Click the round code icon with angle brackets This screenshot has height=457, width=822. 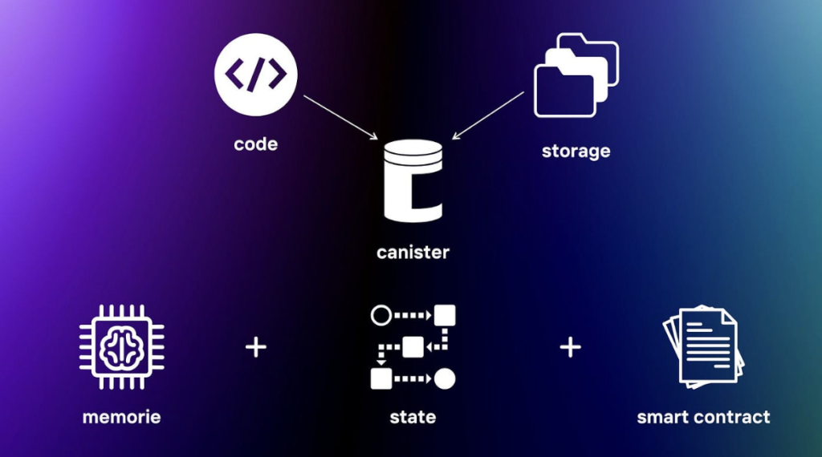pos(255,75)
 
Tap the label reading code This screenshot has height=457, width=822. pos(255,144)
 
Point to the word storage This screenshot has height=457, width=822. pos(576,151)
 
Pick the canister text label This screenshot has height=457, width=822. pos(413,253)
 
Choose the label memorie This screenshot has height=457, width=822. pos(121,417)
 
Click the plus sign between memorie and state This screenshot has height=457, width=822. pos(255,347)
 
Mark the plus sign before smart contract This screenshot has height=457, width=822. pos(570,347)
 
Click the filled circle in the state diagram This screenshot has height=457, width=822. pos(445,378)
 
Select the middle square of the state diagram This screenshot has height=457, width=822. pos(413,346)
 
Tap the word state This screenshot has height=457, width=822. pos(413,417)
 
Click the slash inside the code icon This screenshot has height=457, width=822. pos(255,75)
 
